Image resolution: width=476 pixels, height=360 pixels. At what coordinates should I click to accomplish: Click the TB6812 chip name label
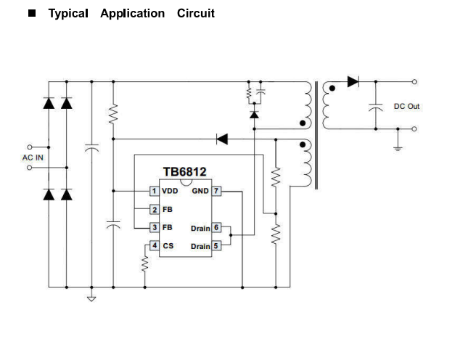[184, 172]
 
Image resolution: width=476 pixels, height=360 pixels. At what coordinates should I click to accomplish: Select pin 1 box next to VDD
[154, 191]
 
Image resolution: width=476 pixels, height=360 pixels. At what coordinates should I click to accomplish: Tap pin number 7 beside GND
[216, 191]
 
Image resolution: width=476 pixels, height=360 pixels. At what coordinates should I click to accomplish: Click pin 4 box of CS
[154, 246]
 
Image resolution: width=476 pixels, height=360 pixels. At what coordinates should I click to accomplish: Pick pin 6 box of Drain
[216, 228]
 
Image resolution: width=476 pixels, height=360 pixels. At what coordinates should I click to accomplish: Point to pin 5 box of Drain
[216, 246]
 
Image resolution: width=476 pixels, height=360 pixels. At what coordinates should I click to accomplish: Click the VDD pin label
[169, 191]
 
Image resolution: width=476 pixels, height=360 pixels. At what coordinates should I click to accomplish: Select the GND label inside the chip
[200, 191]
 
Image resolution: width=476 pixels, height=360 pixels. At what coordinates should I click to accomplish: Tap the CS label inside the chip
[168, 246]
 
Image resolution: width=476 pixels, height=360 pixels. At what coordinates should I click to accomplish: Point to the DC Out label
[406, 107]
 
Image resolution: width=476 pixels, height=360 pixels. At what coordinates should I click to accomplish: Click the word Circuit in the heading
[196, 14]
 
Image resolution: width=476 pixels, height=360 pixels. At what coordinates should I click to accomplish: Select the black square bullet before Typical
[32, 14]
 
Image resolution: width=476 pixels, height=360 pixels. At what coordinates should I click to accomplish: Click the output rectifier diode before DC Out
[353, 82]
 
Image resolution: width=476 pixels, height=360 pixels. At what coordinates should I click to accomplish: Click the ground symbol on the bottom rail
[91, 297]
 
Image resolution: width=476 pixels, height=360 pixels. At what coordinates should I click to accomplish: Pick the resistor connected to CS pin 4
[144, 266]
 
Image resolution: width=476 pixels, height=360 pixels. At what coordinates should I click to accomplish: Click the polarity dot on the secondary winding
[332, 89]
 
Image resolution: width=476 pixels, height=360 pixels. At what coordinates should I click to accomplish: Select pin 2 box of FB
[154, 210]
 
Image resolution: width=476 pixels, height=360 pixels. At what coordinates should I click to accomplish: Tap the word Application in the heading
[133, 14]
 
